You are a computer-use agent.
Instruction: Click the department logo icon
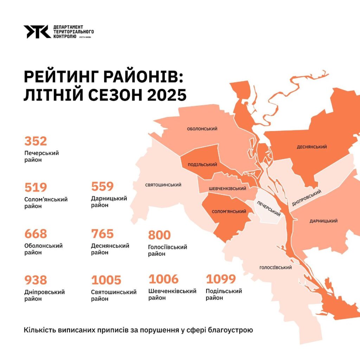pyautogui.click(x=37, y=32)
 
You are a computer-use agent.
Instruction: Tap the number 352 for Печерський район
pyautogui.click(x=36, y=141)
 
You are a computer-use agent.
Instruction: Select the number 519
pyautogui.click(x=36, y=187)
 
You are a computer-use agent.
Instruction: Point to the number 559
pyautogui.click(x=102, y=187)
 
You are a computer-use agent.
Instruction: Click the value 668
pyautogui.click(x=36, y=234)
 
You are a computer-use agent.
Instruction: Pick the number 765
pyautogui.click(x=102, y=234)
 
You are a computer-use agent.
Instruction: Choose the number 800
pyautogui.click(x=159, y=235)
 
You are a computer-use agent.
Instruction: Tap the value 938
pyautogui.click(x=36, y=280)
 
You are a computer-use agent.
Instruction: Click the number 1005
pyautogui.click(x=106, y=280)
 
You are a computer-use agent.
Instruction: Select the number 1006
pyautogui.click(x=163, y=279)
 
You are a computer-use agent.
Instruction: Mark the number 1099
pyautogui.click(x=220, y=279)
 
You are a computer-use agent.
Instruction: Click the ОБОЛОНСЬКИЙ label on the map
pyautogui.click(x=202, y=129)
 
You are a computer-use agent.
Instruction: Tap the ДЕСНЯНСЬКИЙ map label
pyautogui.click(x=312, y=147)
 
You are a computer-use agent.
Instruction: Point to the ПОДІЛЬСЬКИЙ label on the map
pyautogui.click(x=202, y=165)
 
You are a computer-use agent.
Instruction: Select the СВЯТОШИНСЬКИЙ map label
pyautogui.click(x=163, y=185)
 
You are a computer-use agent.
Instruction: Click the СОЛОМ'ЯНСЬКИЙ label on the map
pyautogui.click(x=229, y=212)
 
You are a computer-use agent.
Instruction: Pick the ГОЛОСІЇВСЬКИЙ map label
pyautogui.click(x=276, y=268)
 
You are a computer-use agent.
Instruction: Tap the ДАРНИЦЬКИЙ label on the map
pyautogui.click(x=323, y=221)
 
